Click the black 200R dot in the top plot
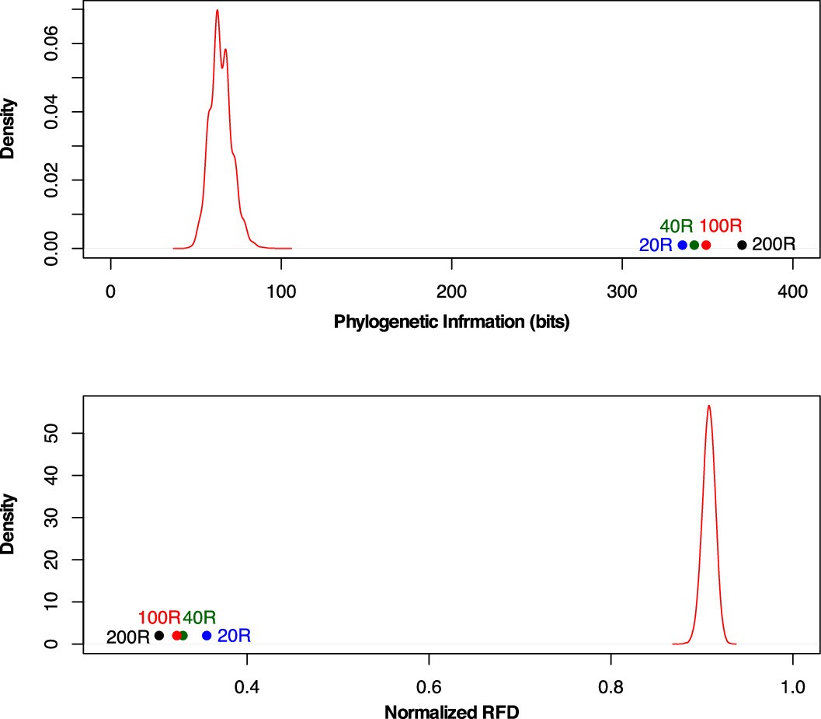coord(742,245)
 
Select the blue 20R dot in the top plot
coord(683,245)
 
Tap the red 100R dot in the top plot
coord(706,245)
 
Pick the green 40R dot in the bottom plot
coord(183,635)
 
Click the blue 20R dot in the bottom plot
coord(207,635)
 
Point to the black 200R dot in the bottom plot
coord(159,635)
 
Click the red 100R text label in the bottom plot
coord(159,618)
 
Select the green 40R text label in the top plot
coord(676,226)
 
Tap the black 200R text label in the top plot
coord(774,245)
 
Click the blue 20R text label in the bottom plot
coord(234,636)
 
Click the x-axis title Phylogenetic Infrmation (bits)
coord(452,322)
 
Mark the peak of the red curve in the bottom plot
coord(708,405)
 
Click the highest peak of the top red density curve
coord(217,10)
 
